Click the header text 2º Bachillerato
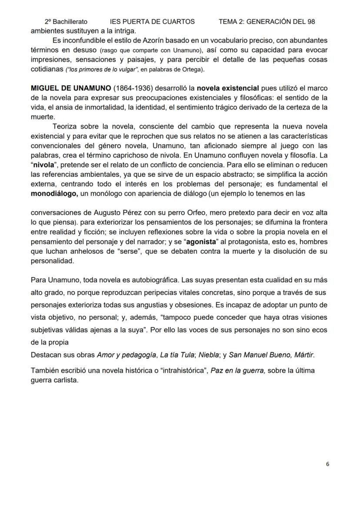[x=66, y=21]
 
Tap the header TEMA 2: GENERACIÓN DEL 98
[x=267, y=21]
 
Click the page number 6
[x=327, y=464]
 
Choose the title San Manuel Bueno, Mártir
[x=270, y=355]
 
